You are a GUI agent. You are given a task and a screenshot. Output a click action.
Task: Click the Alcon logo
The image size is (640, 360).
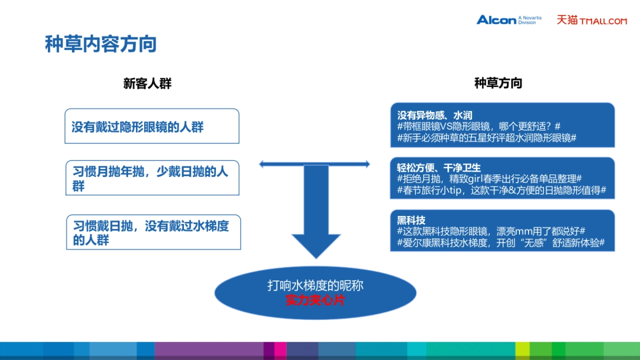[x=497, y=20]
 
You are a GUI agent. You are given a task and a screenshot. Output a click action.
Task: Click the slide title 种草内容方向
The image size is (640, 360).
[x=101, y=44]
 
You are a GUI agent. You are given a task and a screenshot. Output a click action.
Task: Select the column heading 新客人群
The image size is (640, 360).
[x=148, y=84]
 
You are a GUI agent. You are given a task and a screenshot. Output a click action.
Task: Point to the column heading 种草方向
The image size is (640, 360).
[x=498, y=83]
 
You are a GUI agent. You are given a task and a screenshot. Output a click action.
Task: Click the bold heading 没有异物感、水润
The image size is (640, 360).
[x=435, y=115]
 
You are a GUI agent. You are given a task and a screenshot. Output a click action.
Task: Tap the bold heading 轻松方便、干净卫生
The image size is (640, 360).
[x=439, y=168]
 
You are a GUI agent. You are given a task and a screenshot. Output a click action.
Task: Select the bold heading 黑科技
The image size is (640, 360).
[x=411, y=220]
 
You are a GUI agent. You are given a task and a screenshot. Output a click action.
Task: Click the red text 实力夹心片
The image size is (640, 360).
[x=315, y=300]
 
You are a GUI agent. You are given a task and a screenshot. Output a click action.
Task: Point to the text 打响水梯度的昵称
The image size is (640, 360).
[x=315, y=286]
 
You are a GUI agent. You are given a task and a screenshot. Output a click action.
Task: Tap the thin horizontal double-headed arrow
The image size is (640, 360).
[x=315, y=164]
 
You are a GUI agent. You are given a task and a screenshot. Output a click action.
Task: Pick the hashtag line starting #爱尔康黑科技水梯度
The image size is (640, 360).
[x=500, y=243]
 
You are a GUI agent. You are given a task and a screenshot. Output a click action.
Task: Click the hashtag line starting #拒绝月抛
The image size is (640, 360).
[x=489, y=179]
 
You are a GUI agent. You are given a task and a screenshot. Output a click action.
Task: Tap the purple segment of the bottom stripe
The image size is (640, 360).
[x=208, y=350]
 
